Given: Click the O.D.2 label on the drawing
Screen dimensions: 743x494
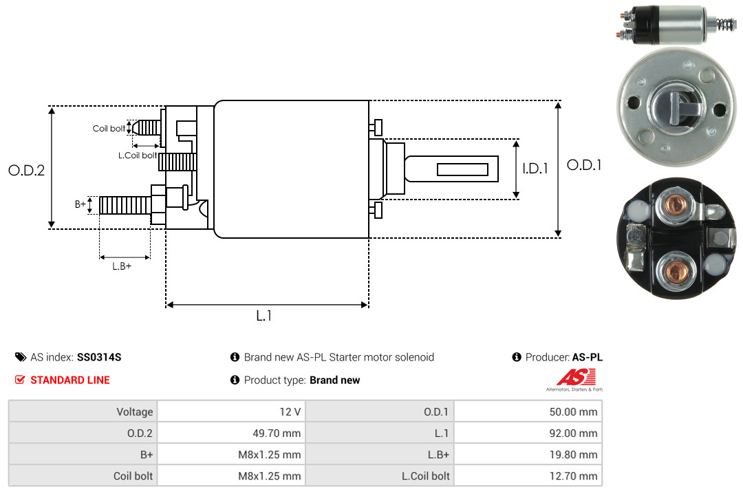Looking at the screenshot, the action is pyautogui.click(x=27, y=170).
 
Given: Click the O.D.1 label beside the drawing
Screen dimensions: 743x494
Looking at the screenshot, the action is pyautogui.click(x=584, y=165).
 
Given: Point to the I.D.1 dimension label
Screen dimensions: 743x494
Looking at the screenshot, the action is pyautogui.click(x=535, y=169).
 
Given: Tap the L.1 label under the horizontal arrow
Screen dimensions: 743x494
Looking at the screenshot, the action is pyautogui.click(x=264, y=316).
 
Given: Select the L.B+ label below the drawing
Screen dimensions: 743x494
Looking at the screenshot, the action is pyautogui.click(x=122, y=266).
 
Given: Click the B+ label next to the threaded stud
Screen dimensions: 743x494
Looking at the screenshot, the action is pyautogui.click(x=80, y=204).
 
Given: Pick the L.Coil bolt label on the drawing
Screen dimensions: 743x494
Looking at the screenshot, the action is pyautogui.click(x=138, y=155).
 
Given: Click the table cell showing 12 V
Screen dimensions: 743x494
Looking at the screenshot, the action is pyautogui.click(x=231, y=411).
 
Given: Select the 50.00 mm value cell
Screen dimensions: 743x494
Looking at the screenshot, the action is pyautogui.click(x=528, y=411).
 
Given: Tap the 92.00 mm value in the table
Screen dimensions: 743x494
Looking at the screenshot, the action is pyautogui.click(x=573, y=433).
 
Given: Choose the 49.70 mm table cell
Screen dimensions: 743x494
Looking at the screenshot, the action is pyautogui.click(x=231, y=433).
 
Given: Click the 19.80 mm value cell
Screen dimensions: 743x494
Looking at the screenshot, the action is pyautogui.click(x=528, y=455).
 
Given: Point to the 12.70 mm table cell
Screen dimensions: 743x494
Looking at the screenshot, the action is pyautogui.click(x=528, y=475).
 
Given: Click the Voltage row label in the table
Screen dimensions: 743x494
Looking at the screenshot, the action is pyautogui.click(x=135, y=412).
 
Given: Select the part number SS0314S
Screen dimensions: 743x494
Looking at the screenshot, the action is pyautogui.click(x=99, y=357).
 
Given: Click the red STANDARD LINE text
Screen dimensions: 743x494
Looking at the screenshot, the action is pyautogui.click(x=70, y=380).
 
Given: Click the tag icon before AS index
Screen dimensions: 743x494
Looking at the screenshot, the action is pyautogui.click(x=21, y=357).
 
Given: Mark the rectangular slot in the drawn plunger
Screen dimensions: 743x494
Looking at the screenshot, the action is pyautogui.click(x=462, y=169).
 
